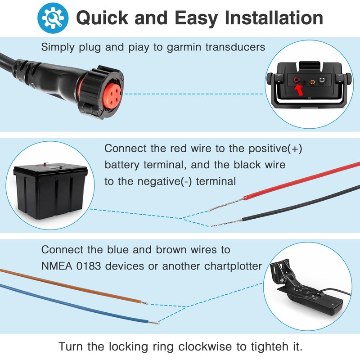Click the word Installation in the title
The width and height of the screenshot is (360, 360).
point(274,18)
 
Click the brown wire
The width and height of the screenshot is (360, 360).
point(67,286)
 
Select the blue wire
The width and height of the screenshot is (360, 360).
point(67,303)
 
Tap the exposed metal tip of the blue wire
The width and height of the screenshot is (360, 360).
point(154,323)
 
